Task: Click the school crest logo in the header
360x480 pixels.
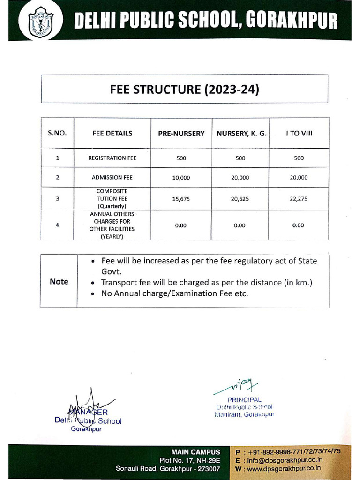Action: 41,22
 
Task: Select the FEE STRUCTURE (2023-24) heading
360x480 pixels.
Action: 184,89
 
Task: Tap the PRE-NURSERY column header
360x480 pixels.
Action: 181,134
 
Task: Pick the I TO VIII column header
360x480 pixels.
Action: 299,133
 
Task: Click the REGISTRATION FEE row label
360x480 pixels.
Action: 112,158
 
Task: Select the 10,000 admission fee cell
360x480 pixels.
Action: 181,178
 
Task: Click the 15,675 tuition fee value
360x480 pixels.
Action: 181,199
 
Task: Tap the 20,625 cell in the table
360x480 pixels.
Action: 240,199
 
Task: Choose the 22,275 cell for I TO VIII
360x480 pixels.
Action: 299,199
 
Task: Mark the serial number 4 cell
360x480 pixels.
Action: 57,225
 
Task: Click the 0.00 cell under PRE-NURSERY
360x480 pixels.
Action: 181,225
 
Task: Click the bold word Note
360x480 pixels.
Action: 59,281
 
